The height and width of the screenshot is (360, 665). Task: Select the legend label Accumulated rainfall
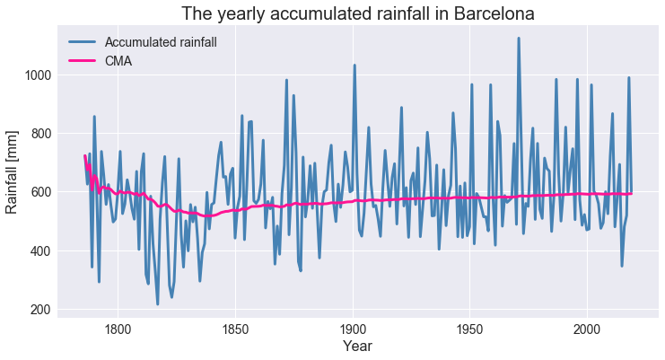point(161,42)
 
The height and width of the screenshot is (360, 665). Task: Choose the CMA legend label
point(119,61)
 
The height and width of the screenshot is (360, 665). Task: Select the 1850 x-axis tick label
point(235,328)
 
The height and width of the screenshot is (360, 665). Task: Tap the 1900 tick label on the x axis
point(353,328)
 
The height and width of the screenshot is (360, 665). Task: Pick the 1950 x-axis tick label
point(470,328)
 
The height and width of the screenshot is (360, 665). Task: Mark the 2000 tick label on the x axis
point(588,328)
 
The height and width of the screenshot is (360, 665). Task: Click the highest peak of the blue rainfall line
point(519,39)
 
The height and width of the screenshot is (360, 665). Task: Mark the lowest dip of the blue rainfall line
point(158,304)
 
